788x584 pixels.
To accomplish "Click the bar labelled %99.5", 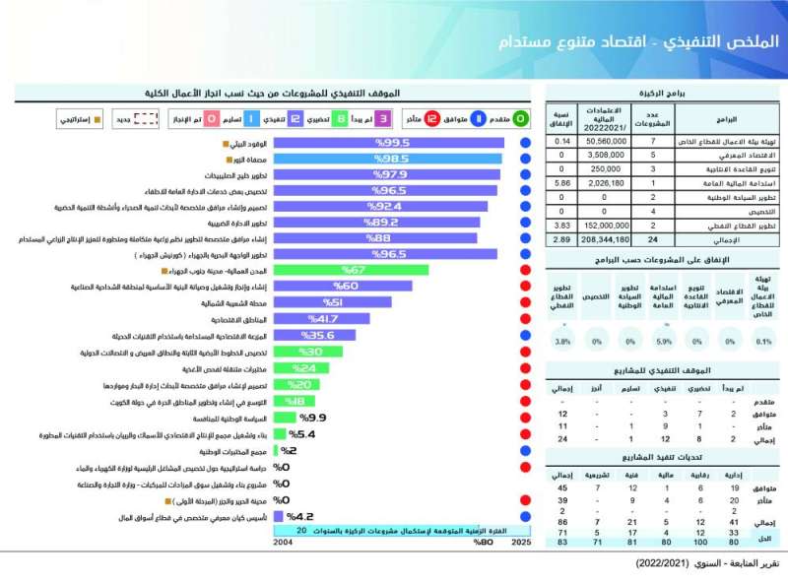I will pyautogui.click(x=387, y=144).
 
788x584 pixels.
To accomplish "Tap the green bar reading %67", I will pyautogui.click(x=350, y=270).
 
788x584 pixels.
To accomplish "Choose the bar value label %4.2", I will pyautogui.click(x=299, y=516).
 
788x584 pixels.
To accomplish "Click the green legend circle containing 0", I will pyautogui.click(x=521, y=119).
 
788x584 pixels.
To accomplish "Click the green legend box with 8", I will pyautogui.click(x=340, y=119).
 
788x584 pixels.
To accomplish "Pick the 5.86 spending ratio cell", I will pyautogui.click(x=562, y=183).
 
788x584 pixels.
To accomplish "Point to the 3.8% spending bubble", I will pyautogui.click(x=562, y=342).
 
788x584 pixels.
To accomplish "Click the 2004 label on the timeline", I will pyautogui.click(x=283, y=542).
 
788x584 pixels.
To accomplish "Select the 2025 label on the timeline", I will pyautogui.click(x=521, y=542).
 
